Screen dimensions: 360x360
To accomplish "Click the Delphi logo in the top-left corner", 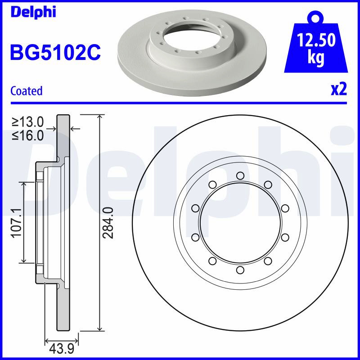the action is point(33,12).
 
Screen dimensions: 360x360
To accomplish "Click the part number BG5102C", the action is point(55,52).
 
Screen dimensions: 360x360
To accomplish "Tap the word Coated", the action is point(27,91).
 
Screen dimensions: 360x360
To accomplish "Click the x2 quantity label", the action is point(339,90).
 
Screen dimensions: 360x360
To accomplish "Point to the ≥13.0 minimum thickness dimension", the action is point(28,122).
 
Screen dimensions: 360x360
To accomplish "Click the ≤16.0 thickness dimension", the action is point(28,135).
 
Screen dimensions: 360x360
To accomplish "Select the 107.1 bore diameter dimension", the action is point(17,223).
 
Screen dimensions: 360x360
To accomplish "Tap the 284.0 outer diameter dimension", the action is point(108,223).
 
